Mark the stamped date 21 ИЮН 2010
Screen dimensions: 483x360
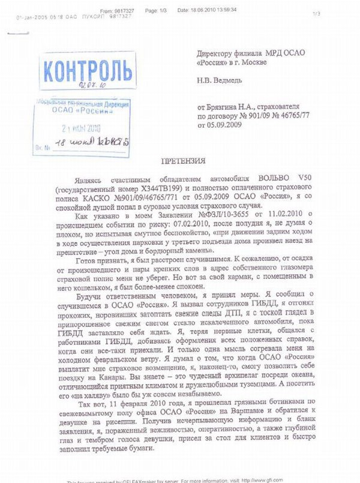tap(82, 127)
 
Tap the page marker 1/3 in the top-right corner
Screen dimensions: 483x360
tap(316, 13)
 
